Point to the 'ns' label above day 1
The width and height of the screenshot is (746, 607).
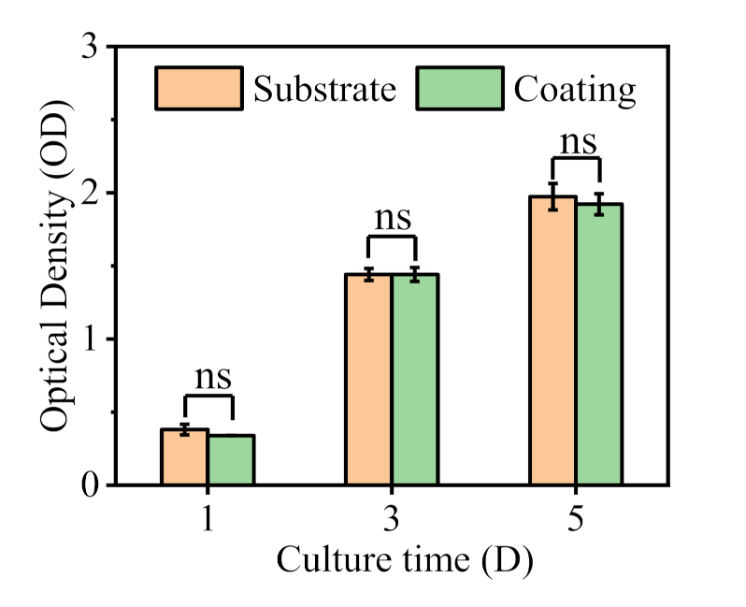click(212, 377)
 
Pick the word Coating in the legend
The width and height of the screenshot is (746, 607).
click(575, 89)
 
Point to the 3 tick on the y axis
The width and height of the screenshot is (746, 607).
click(92, 47)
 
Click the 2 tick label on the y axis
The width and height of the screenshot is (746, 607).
click(92, 193)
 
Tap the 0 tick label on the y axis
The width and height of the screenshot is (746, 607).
click(92, 484)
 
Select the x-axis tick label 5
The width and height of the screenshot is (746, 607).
click(577, 519)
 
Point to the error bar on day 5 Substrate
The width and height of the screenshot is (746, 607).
click(552, 196)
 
